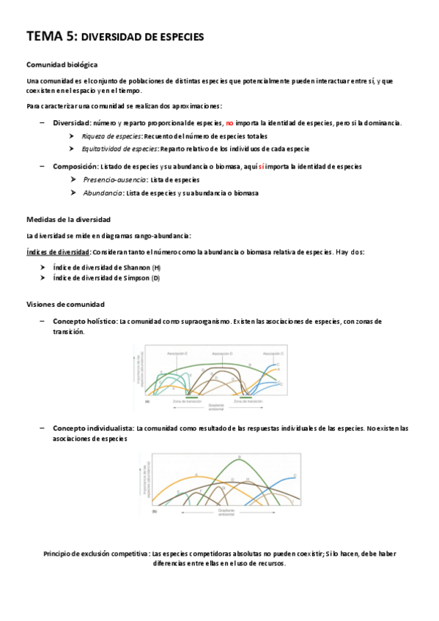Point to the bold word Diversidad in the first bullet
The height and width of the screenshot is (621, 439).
tap(71, 123)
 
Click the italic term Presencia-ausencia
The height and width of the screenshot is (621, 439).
tap(114, 179)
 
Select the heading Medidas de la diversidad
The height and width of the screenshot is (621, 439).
tap(68, 219)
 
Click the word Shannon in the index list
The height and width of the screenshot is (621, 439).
tap(134, 267)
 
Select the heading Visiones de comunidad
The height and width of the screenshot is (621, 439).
tap(65, 304)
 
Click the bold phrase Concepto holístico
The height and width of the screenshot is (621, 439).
tap(84, 321)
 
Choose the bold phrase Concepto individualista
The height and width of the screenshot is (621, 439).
tap(93, 428)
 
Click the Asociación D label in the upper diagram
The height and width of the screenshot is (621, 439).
tap(223, 353)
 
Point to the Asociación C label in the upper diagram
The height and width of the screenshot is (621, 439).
tap(273, 353)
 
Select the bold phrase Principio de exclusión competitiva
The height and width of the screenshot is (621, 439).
tap(96, 554)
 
